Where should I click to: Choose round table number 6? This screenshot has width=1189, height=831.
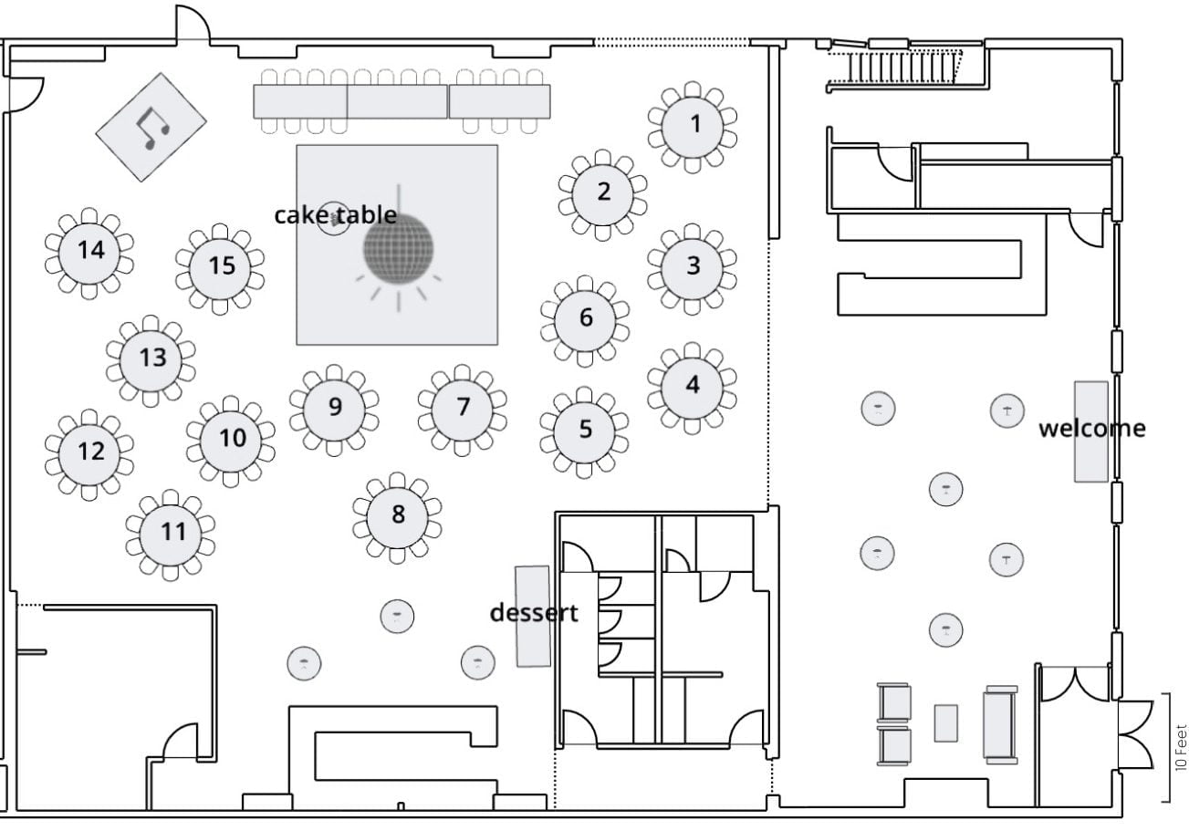coord(585,318)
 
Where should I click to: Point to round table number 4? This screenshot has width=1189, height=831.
coord(692,387)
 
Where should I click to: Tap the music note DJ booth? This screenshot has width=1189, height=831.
coord(151,127)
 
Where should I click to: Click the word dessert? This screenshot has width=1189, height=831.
coord(534,613)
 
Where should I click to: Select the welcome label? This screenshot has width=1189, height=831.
coord(1091,428)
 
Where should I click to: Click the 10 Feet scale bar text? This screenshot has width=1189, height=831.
coord(1181,748)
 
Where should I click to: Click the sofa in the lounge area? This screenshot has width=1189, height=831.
coord(1000,723)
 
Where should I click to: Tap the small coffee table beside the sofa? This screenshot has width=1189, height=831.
coord(946,722)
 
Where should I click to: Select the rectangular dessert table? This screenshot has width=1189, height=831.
coord(532,616)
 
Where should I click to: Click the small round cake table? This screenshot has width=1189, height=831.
coord(334,219)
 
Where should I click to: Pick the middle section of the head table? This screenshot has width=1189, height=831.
coord(397,101)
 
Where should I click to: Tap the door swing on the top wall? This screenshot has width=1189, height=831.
coord(193,26)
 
